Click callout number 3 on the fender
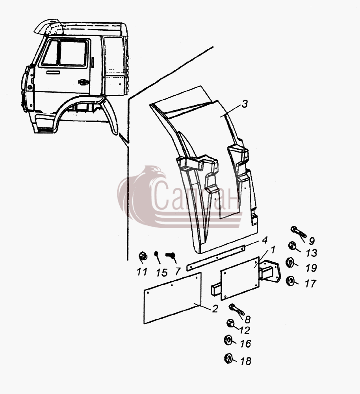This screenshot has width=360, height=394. (245, 104)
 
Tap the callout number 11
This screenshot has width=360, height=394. (142, 271)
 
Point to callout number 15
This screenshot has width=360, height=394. (161, 273)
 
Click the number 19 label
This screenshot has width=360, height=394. (311, 268)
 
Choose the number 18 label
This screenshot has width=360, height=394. (246, 361)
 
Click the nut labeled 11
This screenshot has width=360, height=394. (143, 256)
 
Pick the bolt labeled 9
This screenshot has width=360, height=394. (299, 232)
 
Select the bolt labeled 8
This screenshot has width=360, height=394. (236, 309)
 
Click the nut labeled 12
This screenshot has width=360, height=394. (230, 323)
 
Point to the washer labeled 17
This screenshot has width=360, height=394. (290, 281)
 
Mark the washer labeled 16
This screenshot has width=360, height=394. (228, 340)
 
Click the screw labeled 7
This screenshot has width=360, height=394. (171, 255)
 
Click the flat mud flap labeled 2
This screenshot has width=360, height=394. (173, 298)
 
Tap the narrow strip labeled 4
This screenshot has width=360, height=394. (215, 258)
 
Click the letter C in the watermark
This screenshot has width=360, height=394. (160, 195)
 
